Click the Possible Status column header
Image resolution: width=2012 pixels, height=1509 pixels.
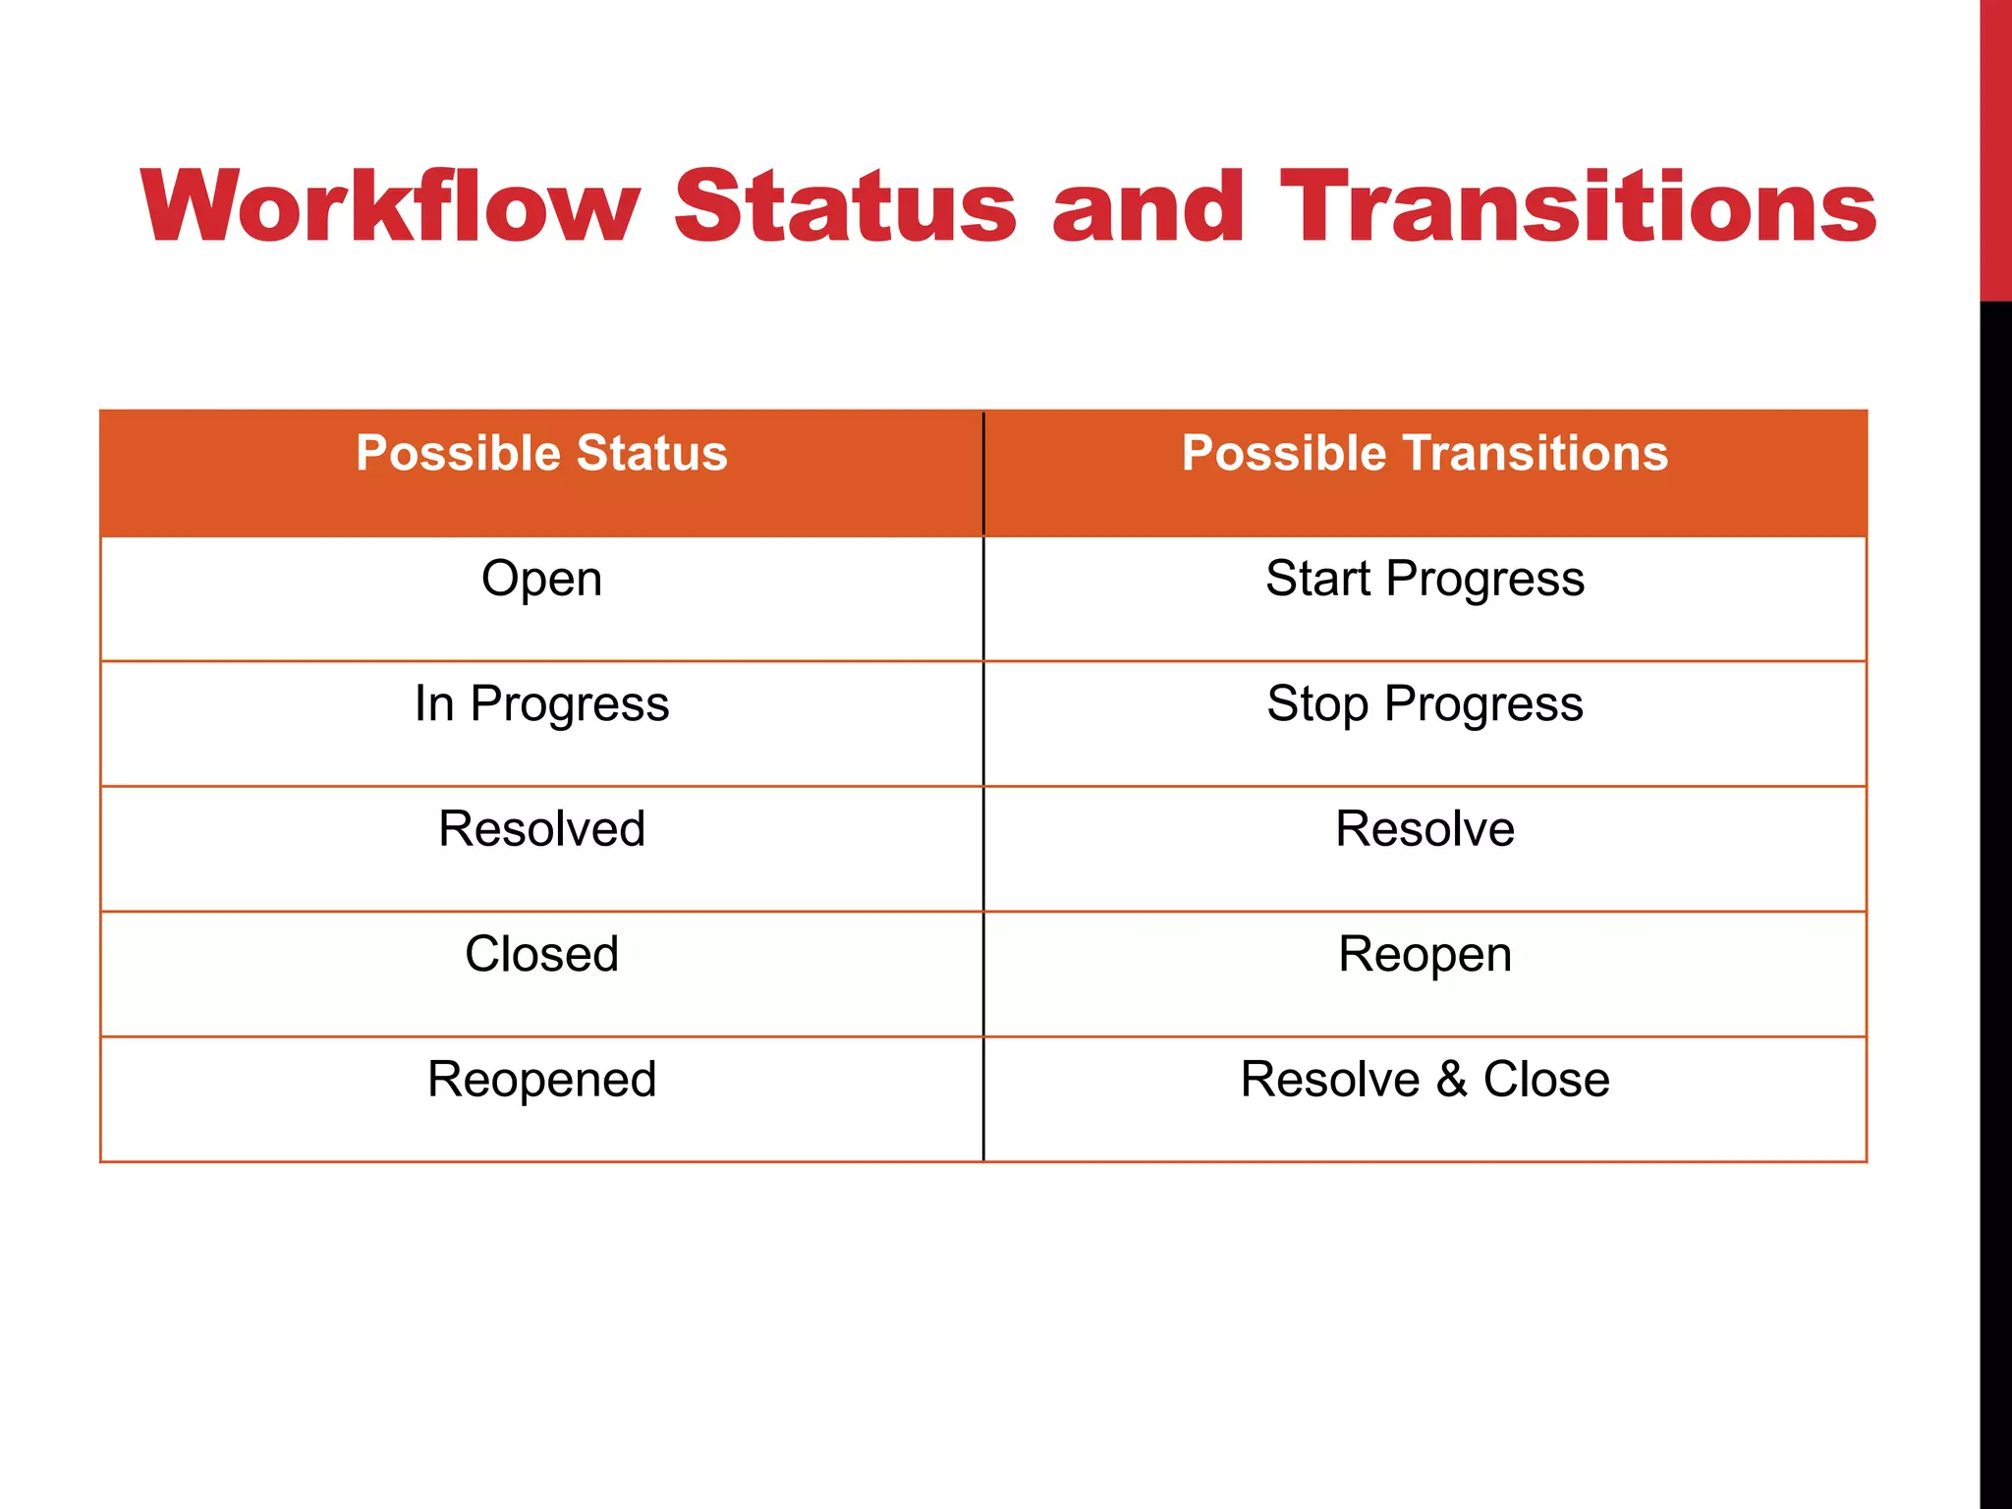541,454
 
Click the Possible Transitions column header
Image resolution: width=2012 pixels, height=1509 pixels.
1425,454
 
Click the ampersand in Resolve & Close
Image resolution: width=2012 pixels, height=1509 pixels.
1451,1080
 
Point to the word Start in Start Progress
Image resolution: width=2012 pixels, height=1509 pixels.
1317,579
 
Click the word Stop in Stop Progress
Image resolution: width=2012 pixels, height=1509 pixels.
1317,704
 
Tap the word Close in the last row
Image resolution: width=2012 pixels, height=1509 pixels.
1546,1080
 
